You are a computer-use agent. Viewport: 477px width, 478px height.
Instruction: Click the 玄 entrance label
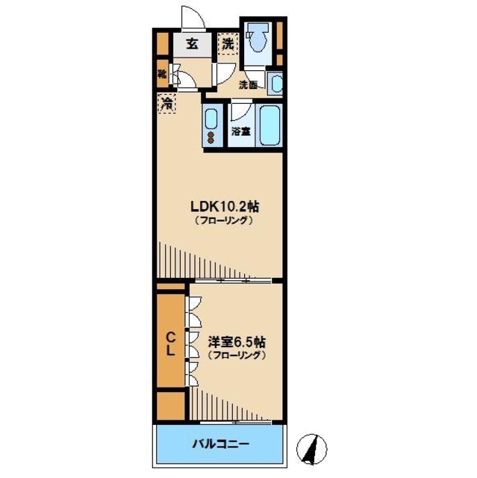pyautogui.click(x=193, y=44)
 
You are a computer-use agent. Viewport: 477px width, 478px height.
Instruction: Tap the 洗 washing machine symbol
pyautogui.click(x=228, y=44)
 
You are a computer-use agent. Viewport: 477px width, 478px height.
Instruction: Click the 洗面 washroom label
pyautogui.click(x=248, y=85)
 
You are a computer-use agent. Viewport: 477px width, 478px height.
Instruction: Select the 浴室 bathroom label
pyautogui.click(x=240, y=132)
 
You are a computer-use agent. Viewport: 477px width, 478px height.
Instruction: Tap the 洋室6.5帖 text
pyautogui.click(x=236, y=341)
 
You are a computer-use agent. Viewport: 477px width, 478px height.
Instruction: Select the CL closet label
pyautogui.click(x=170, y=343)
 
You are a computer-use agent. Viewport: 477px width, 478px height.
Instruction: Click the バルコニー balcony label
pyautogui.click(x=219, y=444)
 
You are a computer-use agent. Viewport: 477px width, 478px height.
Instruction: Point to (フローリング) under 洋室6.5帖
pyautogui.click(x=236, y=356)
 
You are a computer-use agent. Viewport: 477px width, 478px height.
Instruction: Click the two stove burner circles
pyautogui.click(x=211, y=137)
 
